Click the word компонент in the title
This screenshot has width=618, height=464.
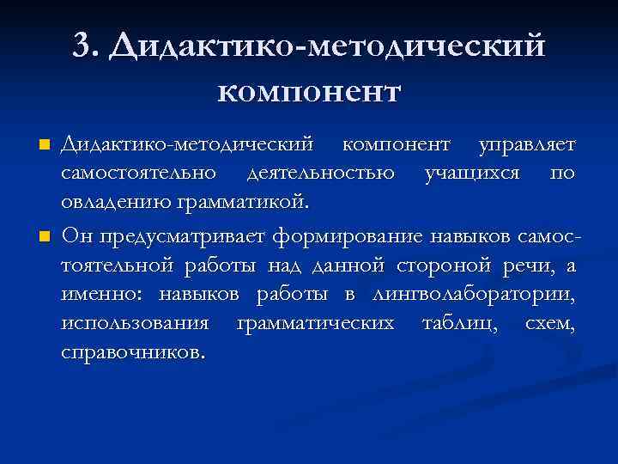309,89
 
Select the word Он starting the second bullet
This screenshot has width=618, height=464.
74,235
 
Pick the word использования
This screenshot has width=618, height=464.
135,324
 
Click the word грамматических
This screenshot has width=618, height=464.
316,324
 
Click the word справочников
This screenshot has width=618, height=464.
133,353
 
